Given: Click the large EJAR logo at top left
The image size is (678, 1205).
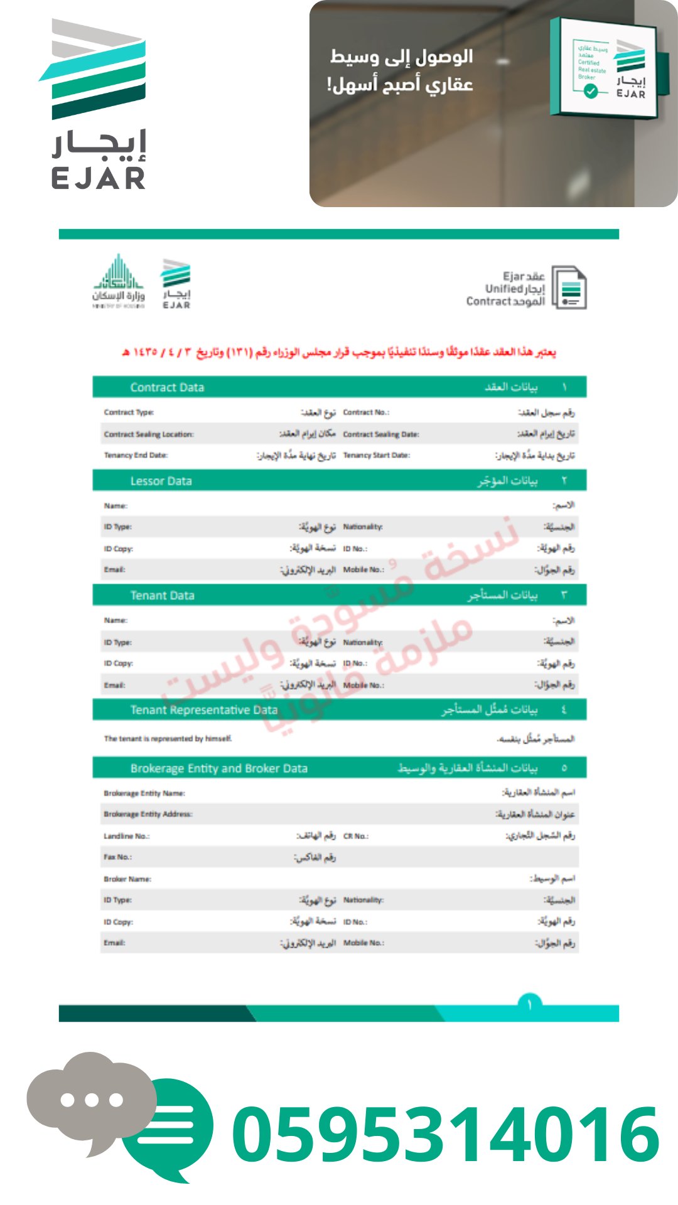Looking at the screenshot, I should (97, 104).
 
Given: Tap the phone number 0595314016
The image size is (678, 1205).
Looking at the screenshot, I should (446, 1133).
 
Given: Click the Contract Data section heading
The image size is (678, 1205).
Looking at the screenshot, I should (167, 387).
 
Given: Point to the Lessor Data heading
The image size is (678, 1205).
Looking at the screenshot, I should (161, 481).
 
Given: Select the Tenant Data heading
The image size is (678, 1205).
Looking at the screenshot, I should (162, 595).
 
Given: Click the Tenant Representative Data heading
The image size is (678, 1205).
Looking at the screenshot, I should (203, 710).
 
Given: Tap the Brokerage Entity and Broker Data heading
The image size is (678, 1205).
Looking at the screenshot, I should (218, 768).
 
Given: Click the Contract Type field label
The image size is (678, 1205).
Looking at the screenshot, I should (129, 412).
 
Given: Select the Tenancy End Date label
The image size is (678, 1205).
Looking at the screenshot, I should (136, 455).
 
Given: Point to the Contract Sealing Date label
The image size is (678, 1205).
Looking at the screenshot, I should (380, 434).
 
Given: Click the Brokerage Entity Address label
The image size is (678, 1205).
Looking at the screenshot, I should (148, 814).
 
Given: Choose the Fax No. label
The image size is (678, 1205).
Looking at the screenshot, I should (118, 857).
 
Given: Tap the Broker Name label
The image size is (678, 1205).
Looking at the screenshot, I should (127, 879).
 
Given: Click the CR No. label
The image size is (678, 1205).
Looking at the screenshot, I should (356, 836).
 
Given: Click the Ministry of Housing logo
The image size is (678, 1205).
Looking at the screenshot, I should (119, 282).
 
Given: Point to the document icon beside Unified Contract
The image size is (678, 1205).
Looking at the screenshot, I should (569, 288).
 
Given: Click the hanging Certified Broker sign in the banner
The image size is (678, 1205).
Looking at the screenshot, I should (604, 68).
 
